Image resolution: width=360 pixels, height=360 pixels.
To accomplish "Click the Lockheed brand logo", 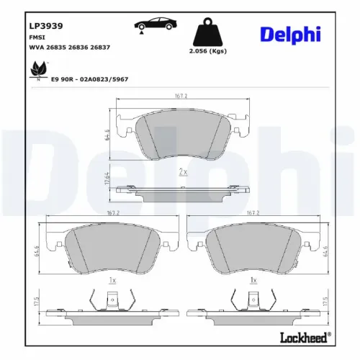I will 301,336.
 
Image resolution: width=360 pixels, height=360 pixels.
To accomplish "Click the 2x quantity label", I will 183,172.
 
